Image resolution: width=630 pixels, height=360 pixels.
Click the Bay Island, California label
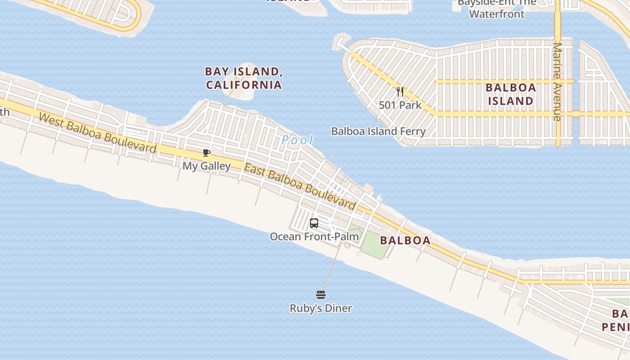tap(243, 78)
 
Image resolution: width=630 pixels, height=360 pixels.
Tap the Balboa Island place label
tap(511, 94)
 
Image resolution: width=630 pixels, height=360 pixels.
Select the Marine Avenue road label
tap(558, 81)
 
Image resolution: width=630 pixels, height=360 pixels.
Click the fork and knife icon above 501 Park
tap(400, 92)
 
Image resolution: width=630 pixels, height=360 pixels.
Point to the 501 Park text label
tap(400, 105)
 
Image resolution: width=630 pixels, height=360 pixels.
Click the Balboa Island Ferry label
tap(378, 131)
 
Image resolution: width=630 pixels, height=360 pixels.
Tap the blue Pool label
tap(297, 140)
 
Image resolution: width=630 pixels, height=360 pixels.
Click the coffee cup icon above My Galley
tap(207, 153)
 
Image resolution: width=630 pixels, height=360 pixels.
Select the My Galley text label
tap(207, 166)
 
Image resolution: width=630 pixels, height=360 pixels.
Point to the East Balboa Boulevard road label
tap(300, 186)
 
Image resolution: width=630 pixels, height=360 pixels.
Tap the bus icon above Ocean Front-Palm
tap(314, 223)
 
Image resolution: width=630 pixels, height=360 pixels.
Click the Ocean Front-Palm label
tap(314, 236)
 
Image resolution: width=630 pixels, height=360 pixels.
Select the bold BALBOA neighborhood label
tap(405, 240)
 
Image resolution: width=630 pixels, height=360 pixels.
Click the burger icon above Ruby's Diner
tap(320, 295)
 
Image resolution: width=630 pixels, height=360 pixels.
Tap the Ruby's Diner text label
tap(320, 308)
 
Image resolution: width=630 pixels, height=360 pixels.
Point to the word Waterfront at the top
tap(497, 14)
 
